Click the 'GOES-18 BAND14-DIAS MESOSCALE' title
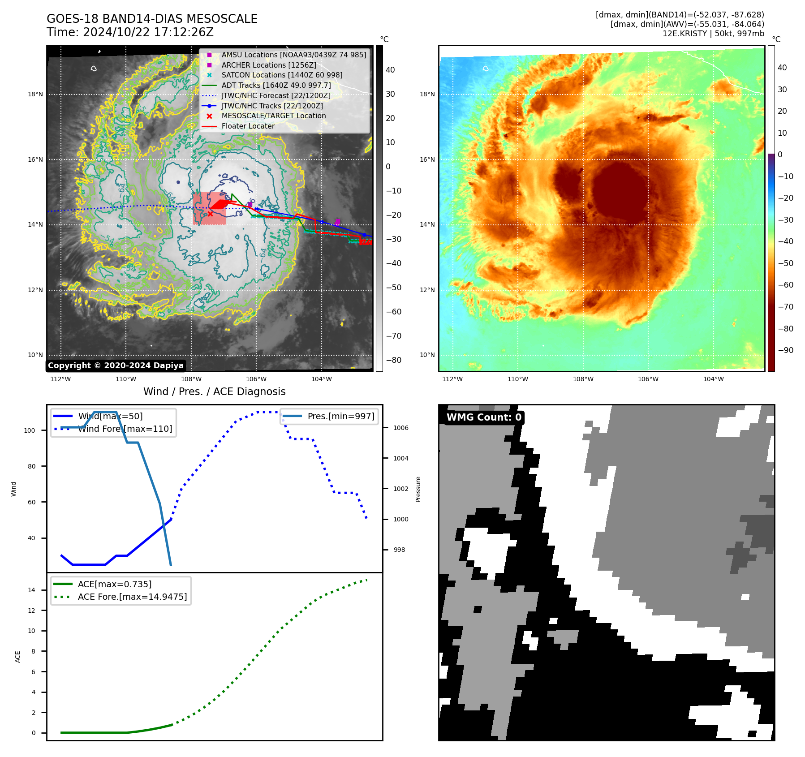pyautogui.click(x=152, y=19)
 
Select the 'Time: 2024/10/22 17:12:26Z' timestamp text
pyautogui.click(x=130, y=32)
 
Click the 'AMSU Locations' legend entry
pyautogui.click(x=293, y=55)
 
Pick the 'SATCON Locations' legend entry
pyautogui.click(x=282, y=75)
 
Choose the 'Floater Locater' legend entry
pyautogui.click(x=248, y=126)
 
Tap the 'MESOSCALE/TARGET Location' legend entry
pyautogui.click(x=273, y=116)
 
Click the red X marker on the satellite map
pyautogui.click(x=210, y=214)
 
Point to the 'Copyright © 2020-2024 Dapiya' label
pyautogui.click(x=116, y=366)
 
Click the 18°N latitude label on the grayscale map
pyautogui.click(x=35, y=94)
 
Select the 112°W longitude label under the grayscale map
pyautogui.click(x=60, y=379)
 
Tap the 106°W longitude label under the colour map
pyautogui.click(x=648, y=379)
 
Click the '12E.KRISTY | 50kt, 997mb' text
pyautogui.click(x=713, y=34)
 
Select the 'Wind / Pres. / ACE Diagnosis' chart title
pyautogui.click(x=214, y=391)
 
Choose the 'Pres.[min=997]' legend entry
pyautogui.click(x=340, y=416)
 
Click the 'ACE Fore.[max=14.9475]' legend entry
pyautogui.click(x=132, y=597)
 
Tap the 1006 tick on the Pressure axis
pyautogui.click(x=401, y=428)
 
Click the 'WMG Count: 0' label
pyautogui.click(x=484, y=417)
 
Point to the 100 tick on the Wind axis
pyautogui.click(x=30, y=430)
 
